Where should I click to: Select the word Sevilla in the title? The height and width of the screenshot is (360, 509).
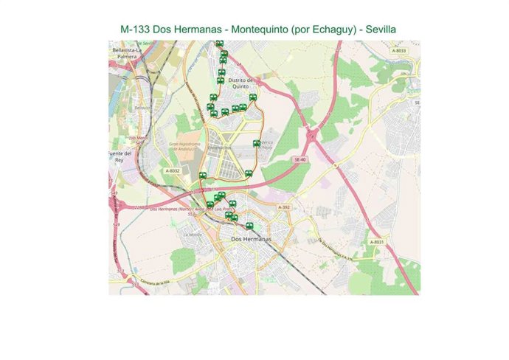(x=378, y=29)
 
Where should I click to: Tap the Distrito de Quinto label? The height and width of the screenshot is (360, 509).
(x=240, y=83)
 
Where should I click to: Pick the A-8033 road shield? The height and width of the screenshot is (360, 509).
(x=398, y=50)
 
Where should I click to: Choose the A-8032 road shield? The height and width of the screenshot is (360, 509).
(x=171, y=170)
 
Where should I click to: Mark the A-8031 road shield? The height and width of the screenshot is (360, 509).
(x=376, y=242)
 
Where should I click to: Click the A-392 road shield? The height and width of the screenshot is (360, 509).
(x=285, y=208)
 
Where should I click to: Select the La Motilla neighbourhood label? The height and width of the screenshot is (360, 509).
(x=193, y=235)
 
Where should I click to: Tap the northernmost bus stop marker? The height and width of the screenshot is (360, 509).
(x=219, y=44)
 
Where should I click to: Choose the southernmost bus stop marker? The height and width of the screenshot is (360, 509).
(x=250, y=226)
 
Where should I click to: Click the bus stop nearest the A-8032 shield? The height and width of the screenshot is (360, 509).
(x=203, y=176)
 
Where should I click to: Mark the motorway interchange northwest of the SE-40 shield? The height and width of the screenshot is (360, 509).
(x=314, y=136)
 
